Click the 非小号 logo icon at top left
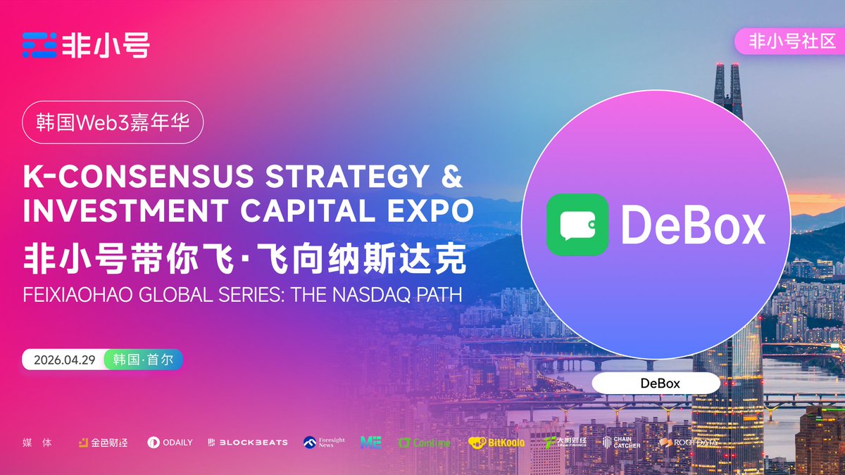coord(39,45)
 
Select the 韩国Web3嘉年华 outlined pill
coord(113,123)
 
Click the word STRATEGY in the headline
coord(338,177)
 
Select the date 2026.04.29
coord(63,360)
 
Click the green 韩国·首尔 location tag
coord(144,360)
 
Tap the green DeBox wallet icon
coord(577,224)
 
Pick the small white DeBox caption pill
coord(656,384)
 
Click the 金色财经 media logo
coord(103,443)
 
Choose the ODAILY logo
coord(170,443)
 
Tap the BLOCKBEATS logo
coord(248,443)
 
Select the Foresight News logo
coord(324,442)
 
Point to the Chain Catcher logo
coord(621,442)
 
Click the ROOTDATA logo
coord(689,443)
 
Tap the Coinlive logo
coord(424,443)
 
